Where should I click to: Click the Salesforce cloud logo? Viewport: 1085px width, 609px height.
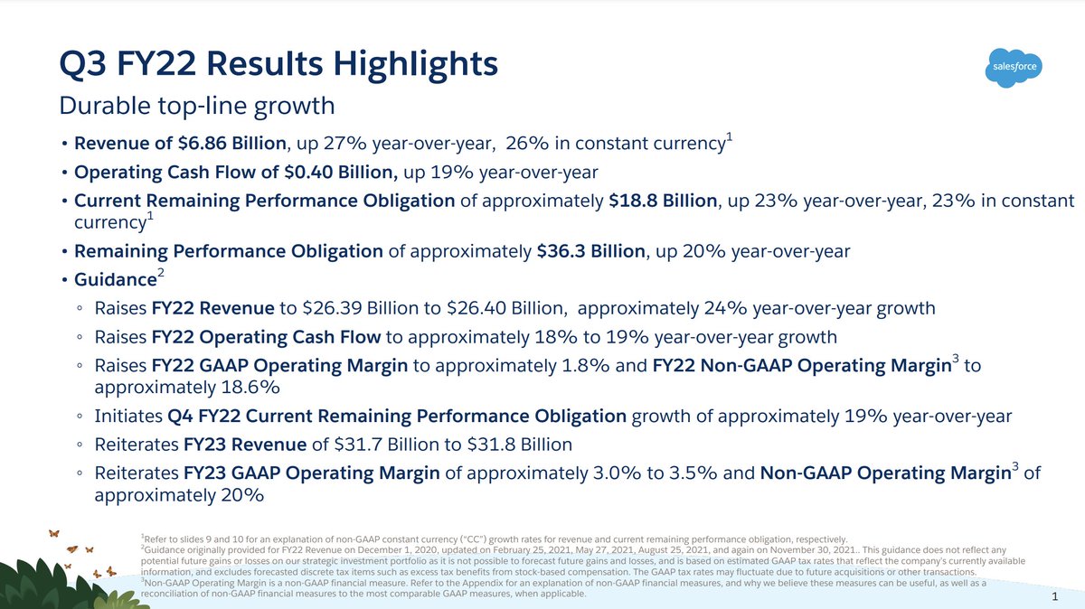point(1012,67)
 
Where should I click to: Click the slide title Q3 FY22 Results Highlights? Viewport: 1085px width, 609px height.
point(278,65)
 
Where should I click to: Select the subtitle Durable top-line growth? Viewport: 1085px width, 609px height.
point(196,106)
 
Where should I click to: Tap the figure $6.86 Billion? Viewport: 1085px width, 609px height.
point(232,144)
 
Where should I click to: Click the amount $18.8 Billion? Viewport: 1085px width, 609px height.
point(663,201)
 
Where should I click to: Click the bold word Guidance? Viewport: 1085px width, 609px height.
point(115,279)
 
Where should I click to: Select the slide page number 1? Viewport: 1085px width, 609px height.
point(1055,598)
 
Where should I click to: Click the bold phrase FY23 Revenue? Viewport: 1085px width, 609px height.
point(245,445)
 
